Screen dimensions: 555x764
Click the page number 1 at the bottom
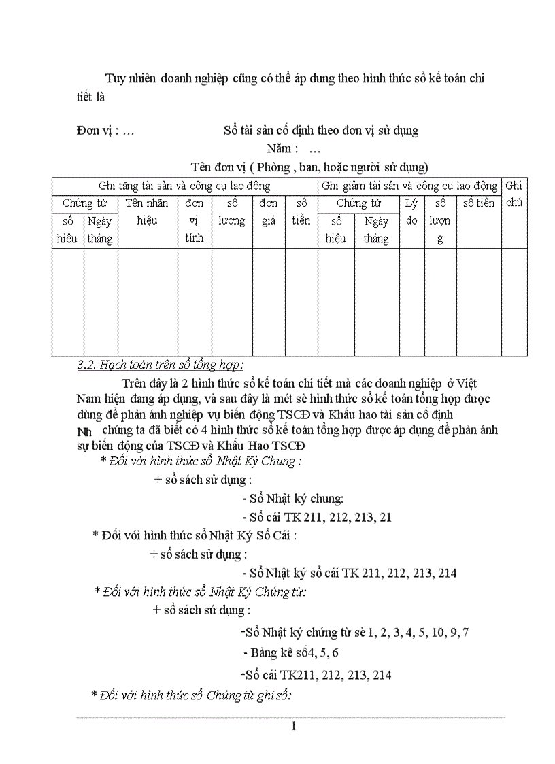293,727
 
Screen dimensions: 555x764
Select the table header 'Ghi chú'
515,194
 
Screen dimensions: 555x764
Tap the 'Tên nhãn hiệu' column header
148,212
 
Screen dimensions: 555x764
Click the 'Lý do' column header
411,212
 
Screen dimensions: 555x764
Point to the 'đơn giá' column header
269,212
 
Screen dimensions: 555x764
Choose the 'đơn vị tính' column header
195,220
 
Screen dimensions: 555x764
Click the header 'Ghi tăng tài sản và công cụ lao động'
184,186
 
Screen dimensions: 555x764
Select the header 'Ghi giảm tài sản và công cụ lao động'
409,186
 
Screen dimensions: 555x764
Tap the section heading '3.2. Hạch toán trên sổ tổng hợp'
161,365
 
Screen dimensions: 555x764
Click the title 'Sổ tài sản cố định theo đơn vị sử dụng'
321,131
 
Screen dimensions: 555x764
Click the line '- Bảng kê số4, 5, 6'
291,653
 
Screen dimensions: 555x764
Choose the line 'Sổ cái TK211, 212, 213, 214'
316,675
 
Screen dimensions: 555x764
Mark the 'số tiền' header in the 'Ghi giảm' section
479,203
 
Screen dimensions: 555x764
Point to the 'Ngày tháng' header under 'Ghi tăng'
100,230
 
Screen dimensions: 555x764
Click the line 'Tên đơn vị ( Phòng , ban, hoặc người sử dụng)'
309,167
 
